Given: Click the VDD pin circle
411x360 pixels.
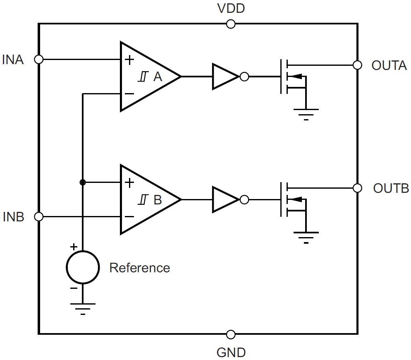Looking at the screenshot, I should point(231,24).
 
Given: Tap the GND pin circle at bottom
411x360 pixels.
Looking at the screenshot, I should point(231,334).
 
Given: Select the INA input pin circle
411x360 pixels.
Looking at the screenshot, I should point(38,59).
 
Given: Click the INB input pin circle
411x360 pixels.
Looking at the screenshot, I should point(38,216).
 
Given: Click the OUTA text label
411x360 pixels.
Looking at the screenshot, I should point(389,65).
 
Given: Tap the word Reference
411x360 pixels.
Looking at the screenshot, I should point(139,268).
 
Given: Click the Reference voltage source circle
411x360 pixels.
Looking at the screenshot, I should point(83,267).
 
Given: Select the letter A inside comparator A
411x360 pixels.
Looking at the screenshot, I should point(158,77).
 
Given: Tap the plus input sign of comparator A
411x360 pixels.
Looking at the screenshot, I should point(129,60).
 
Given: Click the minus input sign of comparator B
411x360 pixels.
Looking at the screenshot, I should point(129,216).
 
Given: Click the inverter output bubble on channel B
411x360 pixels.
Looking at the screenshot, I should point(244,200).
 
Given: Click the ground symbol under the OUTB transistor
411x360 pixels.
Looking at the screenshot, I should point(306,237).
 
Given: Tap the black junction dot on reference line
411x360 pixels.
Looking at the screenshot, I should point(83,182).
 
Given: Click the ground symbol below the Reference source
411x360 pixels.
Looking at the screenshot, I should point(83,308).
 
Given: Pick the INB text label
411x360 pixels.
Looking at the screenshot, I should point(14,217).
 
